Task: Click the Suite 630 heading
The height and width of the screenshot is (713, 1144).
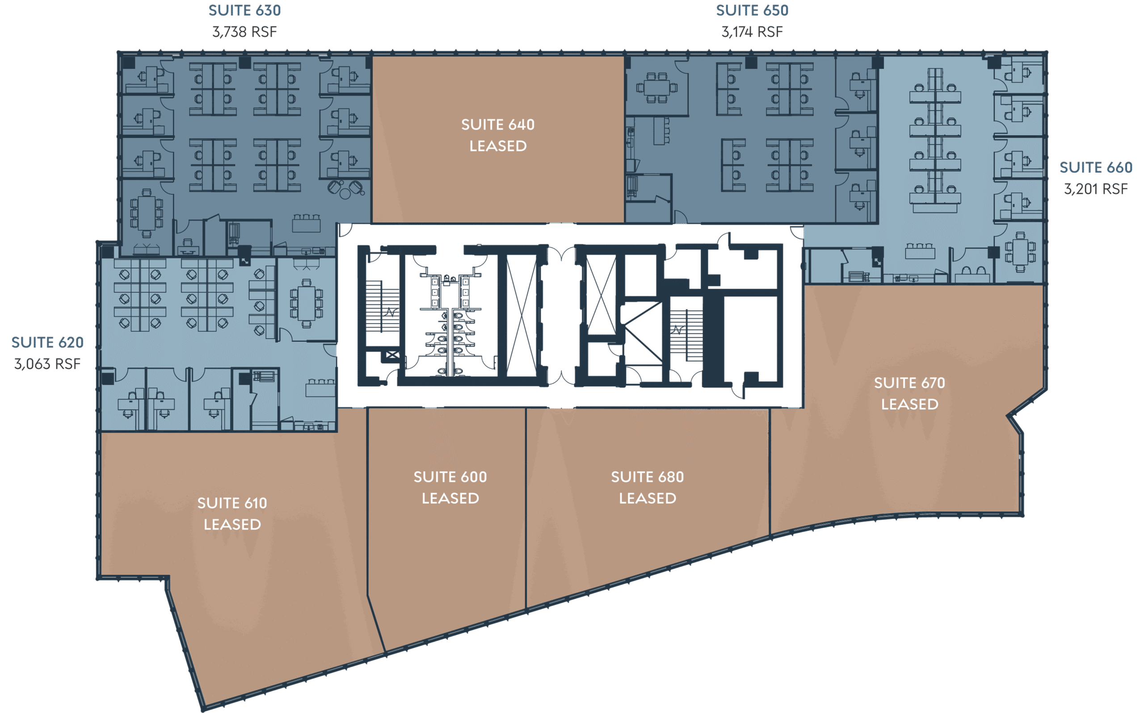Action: (244, 10)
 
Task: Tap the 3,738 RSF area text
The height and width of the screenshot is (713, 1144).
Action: (244, 32)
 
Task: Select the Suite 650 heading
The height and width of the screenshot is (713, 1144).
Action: (752, 10)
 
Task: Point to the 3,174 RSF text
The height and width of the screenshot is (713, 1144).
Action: (752, 32)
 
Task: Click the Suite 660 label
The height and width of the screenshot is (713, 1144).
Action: (1096, 167)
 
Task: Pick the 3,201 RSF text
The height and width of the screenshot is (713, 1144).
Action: (1096, 189)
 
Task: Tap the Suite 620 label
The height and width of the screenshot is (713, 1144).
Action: (48, 342)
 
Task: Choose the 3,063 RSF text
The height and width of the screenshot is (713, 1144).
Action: (48, 364)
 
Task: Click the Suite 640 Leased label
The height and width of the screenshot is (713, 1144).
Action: (498, 135)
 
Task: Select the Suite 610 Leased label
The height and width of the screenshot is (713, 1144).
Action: (232, 513)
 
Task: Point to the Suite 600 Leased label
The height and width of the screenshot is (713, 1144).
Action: (450, 488)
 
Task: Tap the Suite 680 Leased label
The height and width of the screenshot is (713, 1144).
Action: (648, 488)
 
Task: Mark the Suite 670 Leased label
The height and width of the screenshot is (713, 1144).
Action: (909, 394)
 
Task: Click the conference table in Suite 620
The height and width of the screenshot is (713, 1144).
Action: (307, 303)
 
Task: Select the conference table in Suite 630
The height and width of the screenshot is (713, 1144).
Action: (147, 213)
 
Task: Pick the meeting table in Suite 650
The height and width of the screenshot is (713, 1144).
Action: (657, 88)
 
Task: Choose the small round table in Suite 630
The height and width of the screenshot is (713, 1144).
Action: (345, 193)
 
